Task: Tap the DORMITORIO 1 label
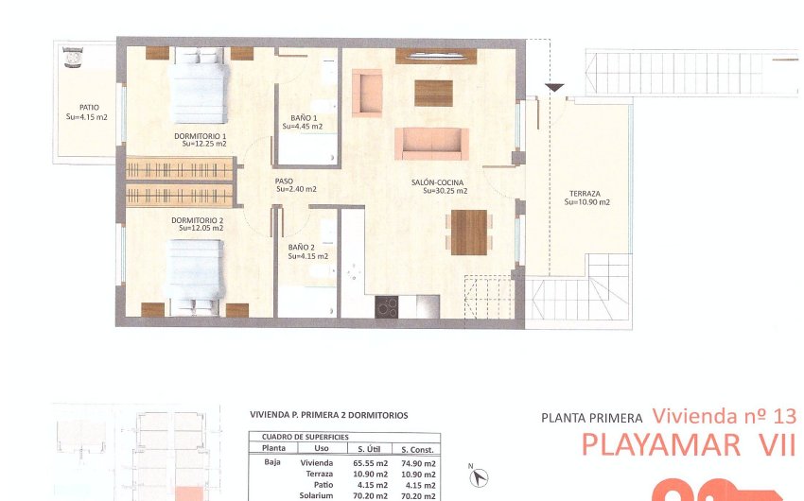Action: pyautogui.click(x=200, y=136)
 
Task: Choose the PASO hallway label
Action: pyautogui.click(x=285, y=181)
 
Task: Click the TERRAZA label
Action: pyautogui.click(x=586, y=194)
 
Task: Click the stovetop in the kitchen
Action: pyautogui.click(x=387, y=306)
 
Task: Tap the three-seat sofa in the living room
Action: pyautogui.click(x=431, y=143)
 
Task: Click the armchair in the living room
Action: pyautogui.click(x=367, y=93)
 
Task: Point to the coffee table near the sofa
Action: pyautogui.click(x=433, y=94)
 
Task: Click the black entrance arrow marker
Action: pyautogui.click(x=555, y=88)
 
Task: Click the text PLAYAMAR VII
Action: pyautogui.click(x=688, y=444)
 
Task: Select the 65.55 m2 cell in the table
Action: pyautogui.click(x=370, y=464)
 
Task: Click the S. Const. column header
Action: pyautogui.click(x=416, y=449)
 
